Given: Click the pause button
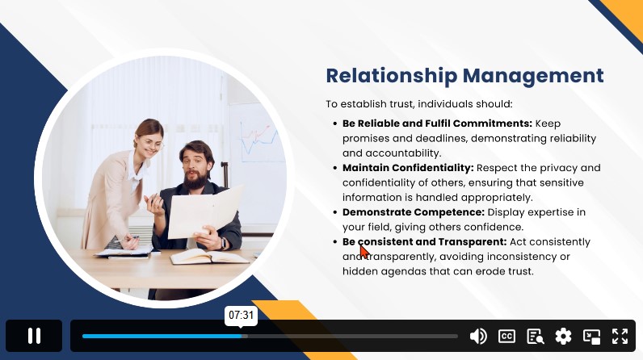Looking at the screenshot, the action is click(34, 336).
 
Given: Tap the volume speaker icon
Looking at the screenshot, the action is click(478, 337).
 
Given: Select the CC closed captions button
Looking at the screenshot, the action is click(506, 337).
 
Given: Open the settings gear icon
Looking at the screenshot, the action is click(564, 337).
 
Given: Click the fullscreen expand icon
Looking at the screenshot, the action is click(620, 337).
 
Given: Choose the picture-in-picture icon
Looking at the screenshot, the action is click(592, 337).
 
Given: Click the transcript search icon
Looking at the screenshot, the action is click(535, 337).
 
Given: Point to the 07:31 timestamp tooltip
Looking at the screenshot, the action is click(241, 316).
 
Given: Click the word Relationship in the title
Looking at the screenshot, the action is click(392, 76).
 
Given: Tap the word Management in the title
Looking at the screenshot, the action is click(533, 76).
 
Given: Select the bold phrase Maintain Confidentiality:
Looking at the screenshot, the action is click(408, 168).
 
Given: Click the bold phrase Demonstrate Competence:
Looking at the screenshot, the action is click(414, 212).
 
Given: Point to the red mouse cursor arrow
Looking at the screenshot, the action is click(364, 250).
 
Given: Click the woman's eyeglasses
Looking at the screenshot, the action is click(153, 144).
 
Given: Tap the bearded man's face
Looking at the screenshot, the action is click(196, 168).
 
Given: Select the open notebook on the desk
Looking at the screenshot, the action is click(209, 257).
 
